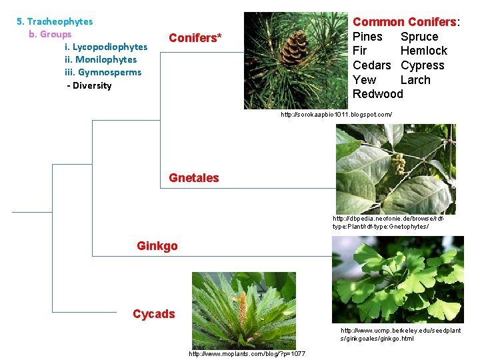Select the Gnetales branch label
(x=193, y=178)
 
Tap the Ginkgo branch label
(x=157, y=246)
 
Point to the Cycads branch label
(x=153, y=314)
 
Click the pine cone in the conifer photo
(x=294, y=48)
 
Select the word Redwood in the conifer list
(x=377, y=94)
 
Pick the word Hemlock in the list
(x=423, y=51)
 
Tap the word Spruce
(x=419, y=37)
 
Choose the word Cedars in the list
(x=371, y=65)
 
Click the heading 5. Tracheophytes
(x=55, y=21)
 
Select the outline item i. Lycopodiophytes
(x=105, y=47)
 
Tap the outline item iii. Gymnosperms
(x=103, y=72)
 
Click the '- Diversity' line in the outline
(x=89, y=85)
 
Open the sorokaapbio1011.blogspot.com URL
(x=336, y=115)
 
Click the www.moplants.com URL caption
(x=247, y=353)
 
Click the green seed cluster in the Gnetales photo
(x=398, y=162)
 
